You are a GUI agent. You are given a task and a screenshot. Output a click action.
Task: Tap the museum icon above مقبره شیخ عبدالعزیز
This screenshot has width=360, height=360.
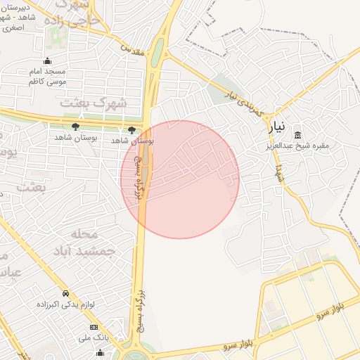[297, 135]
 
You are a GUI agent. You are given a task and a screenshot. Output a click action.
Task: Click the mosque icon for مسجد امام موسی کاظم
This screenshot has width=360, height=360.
[47, 61]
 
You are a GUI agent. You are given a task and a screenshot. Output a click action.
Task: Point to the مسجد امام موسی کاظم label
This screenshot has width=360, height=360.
[46, 77]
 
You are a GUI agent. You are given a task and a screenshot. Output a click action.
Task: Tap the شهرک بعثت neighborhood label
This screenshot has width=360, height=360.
[94, 103]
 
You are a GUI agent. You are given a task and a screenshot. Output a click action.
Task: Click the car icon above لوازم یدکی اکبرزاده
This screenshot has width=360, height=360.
[65, 294]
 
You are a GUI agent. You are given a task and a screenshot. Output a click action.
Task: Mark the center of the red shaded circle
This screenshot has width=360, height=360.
[180, 179]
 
